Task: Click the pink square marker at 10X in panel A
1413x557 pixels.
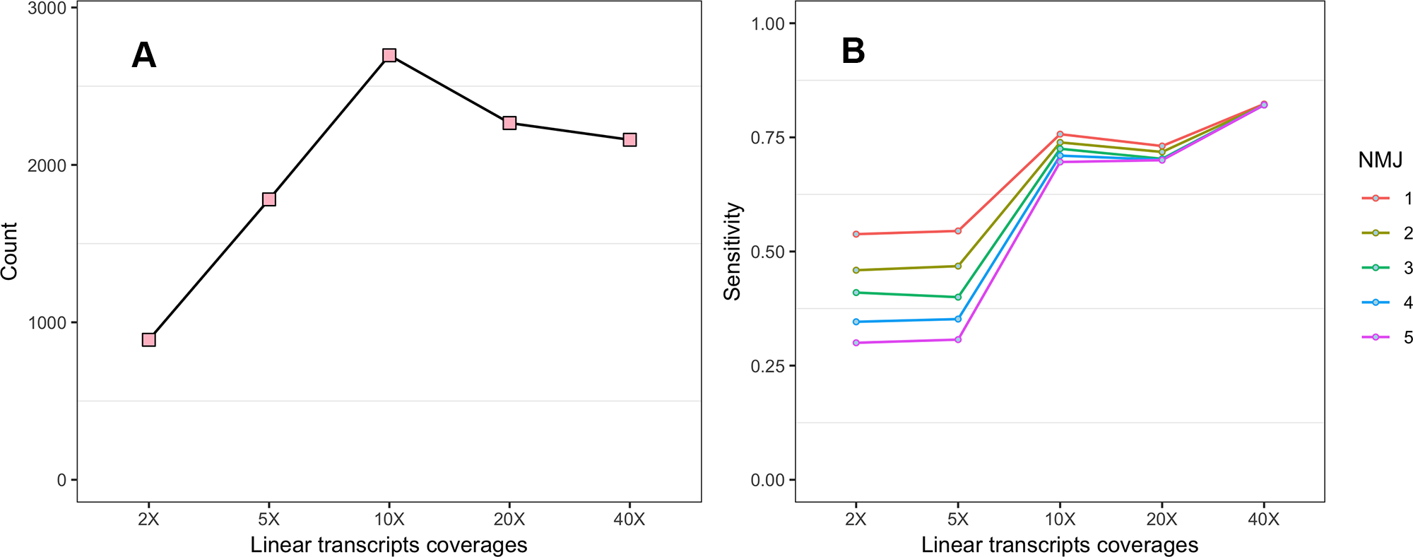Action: point(389,55)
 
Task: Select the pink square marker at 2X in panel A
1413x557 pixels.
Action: point(148,340)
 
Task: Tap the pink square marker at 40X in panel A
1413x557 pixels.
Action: point(629,140)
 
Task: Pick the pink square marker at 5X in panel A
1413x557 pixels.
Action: point(269,199)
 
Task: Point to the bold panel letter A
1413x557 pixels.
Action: point(143,55)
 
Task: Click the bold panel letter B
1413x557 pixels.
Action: point(853,52)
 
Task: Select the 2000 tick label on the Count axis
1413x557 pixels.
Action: point(47,165)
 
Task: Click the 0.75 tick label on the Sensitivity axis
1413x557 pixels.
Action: point(768,138)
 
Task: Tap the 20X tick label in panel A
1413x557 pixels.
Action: point(509,520)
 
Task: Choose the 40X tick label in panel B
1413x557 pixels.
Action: point(1264,520)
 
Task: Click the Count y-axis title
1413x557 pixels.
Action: point(9,251)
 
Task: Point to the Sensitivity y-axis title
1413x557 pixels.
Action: point(733,252)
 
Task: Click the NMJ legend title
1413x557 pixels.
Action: point(1380,160)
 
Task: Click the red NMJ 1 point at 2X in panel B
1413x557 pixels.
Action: point(856,234)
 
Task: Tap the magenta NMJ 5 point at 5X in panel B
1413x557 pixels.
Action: point(958,340)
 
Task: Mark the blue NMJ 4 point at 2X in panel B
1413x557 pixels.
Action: point(856,322)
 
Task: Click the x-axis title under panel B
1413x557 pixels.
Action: point(1060,545)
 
